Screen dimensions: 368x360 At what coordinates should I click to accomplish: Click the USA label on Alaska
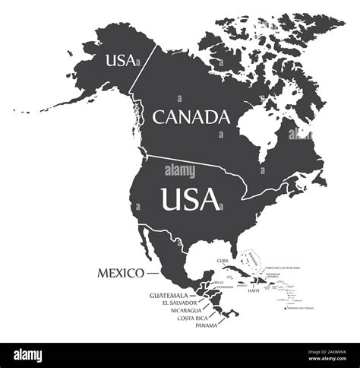[x=122, y=58]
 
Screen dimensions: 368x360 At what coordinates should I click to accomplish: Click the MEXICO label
[x=121, y=272]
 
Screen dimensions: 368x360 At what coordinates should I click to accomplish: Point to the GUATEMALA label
[x=169, y=295]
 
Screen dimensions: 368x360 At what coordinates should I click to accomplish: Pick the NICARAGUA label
[x=182, y=310]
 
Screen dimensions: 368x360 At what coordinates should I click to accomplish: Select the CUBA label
[x=223, y=261]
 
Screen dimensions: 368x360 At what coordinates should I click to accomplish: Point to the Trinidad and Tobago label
[x=312, y=309]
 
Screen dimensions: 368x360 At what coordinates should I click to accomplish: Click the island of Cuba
[x=232, y=271]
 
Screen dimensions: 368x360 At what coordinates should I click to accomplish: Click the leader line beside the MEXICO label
[x=153, y=272]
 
